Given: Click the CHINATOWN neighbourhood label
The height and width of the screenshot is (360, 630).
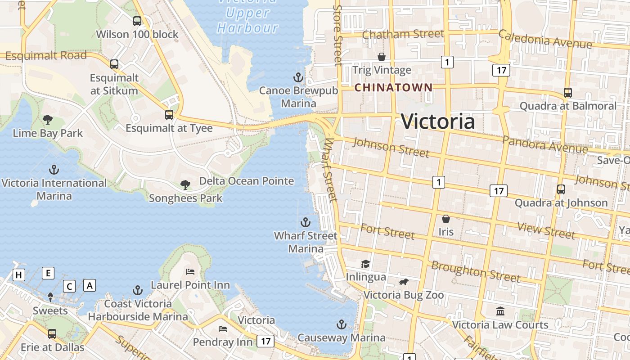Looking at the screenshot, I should pyautogui.click(x=393, y=87).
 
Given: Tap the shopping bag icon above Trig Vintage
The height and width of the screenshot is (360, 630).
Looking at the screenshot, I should pyautogui.click(x=382, y=57).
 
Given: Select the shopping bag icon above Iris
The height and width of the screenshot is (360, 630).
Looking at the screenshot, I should pyautogui.click(x=446, y=219).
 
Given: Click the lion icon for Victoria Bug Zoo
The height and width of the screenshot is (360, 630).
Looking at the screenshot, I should pyautogui.click(x=403, y=282).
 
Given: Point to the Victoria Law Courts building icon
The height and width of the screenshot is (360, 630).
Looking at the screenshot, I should pyautogui.click(x=500, y=311).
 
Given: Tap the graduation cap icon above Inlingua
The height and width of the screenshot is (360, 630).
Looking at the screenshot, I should pyautogui.click(x=365, y=264).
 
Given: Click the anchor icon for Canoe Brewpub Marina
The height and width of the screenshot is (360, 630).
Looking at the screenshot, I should pyautogui.click(x=298, y=77).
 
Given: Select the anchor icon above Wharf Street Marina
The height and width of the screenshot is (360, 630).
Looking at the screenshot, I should pyautogui.click(x=306, y=222).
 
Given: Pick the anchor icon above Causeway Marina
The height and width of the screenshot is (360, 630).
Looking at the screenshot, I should pyautogui.click(x=342, y=324).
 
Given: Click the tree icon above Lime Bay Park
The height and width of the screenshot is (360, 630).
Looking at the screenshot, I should pyautogui.click(x=48, y=120).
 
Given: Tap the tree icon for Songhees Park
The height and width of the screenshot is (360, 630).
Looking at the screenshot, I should pyautogui.click(x=185, y=184).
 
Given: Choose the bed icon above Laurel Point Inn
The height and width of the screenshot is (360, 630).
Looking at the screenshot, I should pyautogui.click(x=190, y=272).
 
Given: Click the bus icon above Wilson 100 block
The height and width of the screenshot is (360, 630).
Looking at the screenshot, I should pyautogui.click(x=137, y=21).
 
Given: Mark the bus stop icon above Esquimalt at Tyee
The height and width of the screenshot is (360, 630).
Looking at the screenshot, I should pyautogui.click(x=169, y=115).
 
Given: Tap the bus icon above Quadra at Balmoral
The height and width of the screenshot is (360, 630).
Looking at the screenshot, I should pyautogui.click(x=568, y=93).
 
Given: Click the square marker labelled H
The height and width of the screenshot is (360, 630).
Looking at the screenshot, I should pyautogui.click(x=19, y=275).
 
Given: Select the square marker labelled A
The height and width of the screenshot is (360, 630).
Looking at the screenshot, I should pyautogui.click(x=90, y=285).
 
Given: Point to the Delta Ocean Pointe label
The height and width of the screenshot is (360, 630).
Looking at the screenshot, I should pyautogui.click(x=246, y=181).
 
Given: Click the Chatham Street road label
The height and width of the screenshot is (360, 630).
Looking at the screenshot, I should pyautogui.click(x=403, y=34).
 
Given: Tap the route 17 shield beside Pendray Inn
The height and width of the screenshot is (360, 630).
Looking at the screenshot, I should pyautogui.click(x=265, y=341).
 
